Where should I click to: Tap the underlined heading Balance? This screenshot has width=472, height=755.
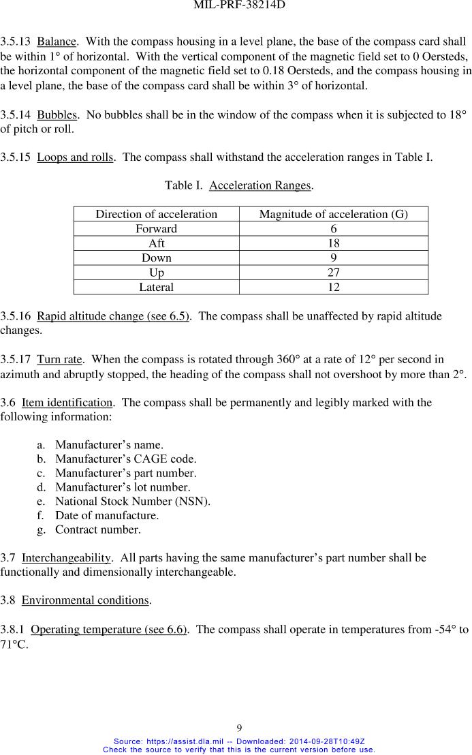pos(56,42)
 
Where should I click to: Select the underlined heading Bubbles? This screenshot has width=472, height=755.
pos(57,114)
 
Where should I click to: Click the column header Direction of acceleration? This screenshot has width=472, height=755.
pos(156,214)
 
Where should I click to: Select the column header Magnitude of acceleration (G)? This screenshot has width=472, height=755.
pos(333,214)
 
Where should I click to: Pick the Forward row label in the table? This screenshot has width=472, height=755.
pos(156,229)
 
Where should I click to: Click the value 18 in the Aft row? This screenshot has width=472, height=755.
pos(333,243)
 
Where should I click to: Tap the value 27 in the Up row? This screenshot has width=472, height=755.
pos(333,273)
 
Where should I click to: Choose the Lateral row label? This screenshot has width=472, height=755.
pos(156,287)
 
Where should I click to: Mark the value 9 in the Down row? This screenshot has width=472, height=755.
pos(333,258)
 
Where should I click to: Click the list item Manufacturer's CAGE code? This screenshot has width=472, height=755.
pos(126,459)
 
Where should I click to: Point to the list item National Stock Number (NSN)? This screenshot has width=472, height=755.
pos(133,502)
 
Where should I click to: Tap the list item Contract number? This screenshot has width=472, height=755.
pos(98,529)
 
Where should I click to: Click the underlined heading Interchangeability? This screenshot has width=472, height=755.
pos(66,558)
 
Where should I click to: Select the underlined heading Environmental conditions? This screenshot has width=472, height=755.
pos(85,600)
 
